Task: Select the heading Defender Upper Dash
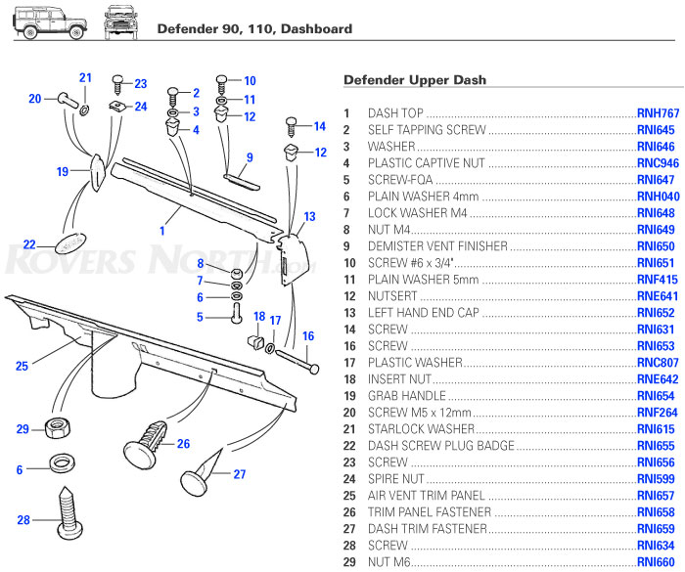tap(415, 79)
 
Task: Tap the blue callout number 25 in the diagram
tap(22, 367)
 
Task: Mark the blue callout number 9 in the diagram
tap(250, 157)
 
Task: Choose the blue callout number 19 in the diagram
tap(62, 171)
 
